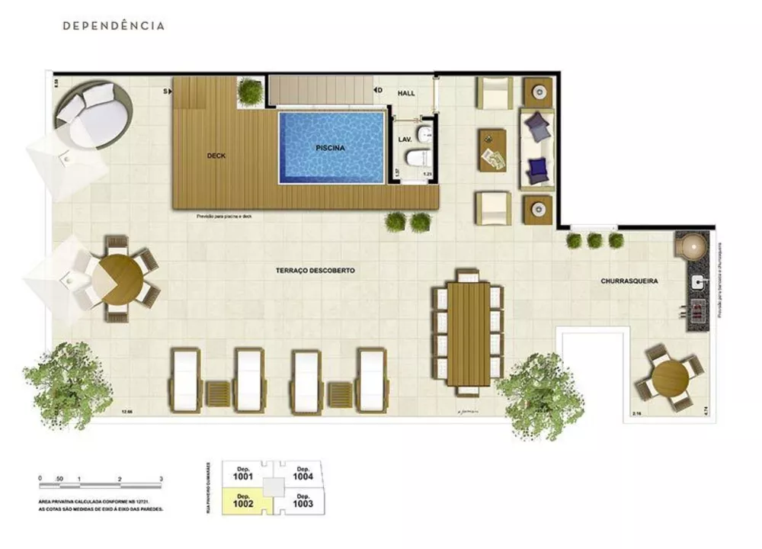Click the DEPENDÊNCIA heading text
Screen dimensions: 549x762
114,25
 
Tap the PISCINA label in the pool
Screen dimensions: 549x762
331,148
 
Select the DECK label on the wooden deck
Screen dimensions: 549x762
216,156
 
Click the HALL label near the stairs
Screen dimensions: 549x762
406,93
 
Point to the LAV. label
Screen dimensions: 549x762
405,140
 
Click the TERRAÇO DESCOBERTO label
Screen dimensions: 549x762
315,271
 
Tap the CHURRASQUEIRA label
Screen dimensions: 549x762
629,281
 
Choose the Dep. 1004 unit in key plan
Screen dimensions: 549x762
303,474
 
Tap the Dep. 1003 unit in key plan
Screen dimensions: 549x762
303,500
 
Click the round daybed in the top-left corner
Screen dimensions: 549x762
91,117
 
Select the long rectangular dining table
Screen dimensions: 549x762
468,333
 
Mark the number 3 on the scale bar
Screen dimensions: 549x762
162,478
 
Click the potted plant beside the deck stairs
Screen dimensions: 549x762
250,92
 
